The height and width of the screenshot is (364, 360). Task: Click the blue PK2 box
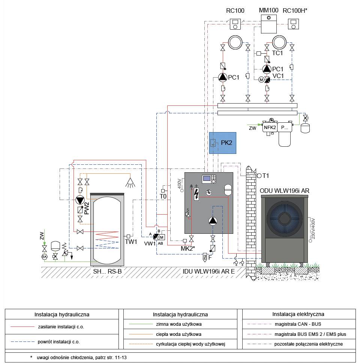[x=223, y=143]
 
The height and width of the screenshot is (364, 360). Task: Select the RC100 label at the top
[x=235, y=11]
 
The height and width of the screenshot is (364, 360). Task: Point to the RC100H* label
[x=295, y=11]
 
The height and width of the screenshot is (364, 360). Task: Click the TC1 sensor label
[x=277, y=53]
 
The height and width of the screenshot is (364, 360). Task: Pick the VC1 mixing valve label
[x=278, y=76]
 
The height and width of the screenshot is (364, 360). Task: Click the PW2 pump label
[x=87, y=208]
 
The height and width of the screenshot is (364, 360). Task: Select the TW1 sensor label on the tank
[x=131, y=242]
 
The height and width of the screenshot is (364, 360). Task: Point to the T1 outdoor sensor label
[x=265, y=176]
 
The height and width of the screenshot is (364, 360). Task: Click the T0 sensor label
[x=163, y=197]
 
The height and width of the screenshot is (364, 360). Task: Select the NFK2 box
[x=269, y=127]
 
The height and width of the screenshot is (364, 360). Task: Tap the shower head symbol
[x=130, y=182]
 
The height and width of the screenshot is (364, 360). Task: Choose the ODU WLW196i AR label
[x=285, y=191]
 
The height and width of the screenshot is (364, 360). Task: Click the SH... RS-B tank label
[x=107, y=271]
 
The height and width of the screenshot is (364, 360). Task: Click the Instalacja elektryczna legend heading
[x=298, y=314]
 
